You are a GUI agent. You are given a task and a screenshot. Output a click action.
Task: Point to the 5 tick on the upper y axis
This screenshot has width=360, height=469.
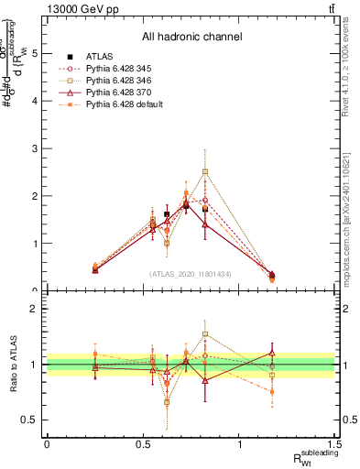36,53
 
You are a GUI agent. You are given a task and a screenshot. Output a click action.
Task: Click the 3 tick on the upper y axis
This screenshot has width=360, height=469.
36,148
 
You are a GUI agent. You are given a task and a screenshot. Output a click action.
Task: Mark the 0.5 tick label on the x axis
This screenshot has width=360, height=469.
143,443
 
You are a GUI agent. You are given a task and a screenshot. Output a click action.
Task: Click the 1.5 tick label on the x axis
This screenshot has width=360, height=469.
335,443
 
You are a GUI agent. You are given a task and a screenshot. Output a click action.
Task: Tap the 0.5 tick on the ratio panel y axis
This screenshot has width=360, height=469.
31,420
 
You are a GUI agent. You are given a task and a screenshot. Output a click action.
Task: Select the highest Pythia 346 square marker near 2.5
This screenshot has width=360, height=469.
205,171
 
